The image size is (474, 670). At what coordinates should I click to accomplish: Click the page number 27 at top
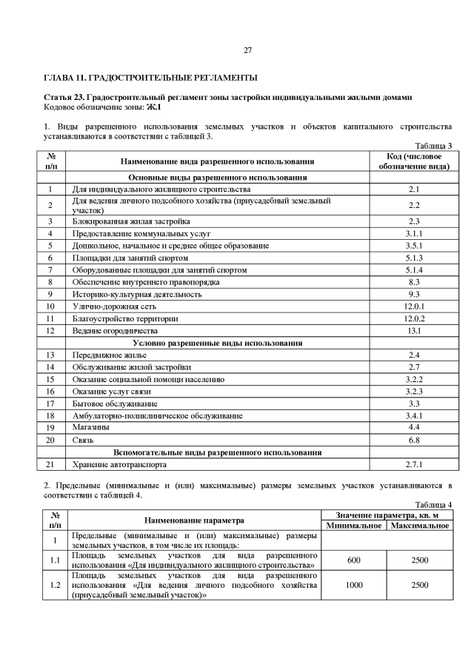tap(247, 50)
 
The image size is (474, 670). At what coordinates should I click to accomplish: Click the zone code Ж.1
tap(155, 108)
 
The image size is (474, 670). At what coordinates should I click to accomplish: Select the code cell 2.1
tap(414, 190)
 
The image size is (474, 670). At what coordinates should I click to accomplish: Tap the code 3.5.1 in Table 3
tap(414, 245)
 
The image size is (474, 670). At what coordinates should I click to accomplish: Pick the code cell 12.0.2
tap(414, 318)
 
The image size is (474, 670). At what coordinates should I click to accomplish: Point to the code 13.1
tap(414, 330)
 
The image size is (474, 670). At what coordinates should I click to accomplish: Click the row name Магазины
tap(91, 427)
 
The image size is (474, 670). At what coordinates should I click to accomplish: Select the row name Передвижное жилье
tap(105, 355)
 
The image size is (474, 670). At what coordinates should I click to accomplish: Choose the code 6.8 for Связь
tap(414, 440)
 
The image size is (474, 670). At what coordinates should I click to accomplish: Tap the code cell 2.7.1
tap(414, 464)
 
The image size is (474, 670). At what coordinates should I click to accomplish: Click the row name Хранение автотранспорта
tap(118, 464)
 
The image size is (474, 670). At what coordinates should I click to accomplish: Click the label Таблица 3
tap(434, 146)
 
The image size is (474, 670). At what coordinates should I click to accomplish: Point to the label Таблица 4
tap(434, 504)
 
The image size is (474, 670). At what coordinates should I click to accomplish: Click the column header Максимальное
tap(419, 525)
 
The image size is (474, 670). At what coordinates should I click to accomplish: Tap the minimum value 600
tap(354, 560)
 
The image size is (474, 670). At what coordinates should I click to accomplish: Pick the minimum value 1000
tap(354, 585)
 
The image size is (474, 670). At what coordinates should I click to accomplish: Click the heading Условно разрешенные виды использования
tap(217, 343)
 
